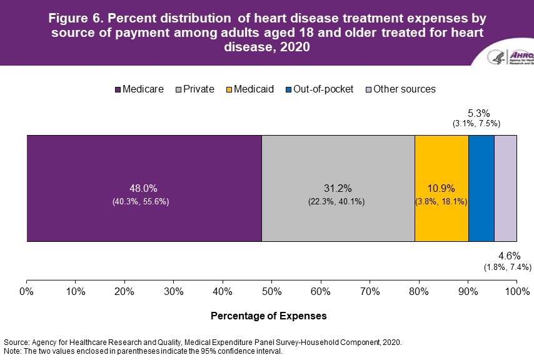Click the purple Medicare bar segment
tap(144, 187)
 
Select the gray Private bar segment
tap(338, 187)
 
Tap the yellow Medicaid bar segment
tap(441, 187)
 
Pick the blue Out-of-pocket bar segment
tap(481, 187)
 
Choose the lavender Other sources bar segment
tap(505, 187)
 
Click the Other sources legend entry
tap(400, 89)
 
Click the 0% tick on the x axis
tap(27, 291)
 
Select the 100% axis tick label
tap(516, 291)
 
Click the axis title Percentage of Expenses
tap(268, 316)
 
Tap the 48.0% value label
tap(144, 188)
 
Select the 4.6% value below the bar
tap(507, 256)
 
